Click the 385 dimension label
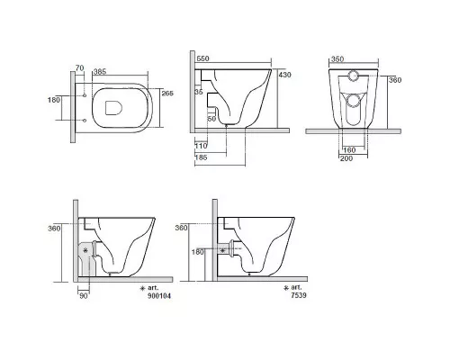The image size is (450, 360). [x=100, y=72]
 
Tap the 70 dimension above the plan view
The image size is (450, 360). [x=79, y=68]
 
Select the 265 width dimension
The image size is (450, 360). [x=167, y=93]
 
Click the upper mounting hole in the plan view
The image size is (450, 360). [x=85, y=95]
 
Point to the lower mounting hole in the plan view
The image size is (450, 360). [x=85, y=121]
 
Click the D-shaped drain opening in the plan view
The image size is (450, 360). [x=114, y=108]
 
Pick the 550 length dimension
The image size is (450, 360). [x=202, y=58]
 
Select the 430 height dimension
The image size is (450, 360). [x=284, y=75]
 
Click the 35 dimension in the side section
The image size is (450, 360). [x=199, y=92]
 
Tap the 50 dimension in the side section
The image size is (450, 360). [x=211, y=119]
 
